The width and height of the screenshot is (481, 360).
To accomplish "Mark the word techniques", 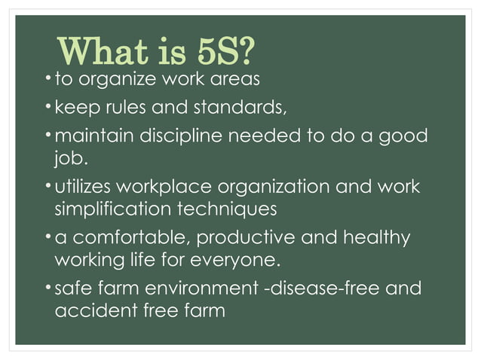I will coord(230,207).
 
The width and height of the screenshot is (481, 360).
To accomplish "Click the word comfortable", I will coord(129,238).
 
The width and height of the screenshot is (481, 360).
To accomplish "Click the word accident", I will coord(87,310).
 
